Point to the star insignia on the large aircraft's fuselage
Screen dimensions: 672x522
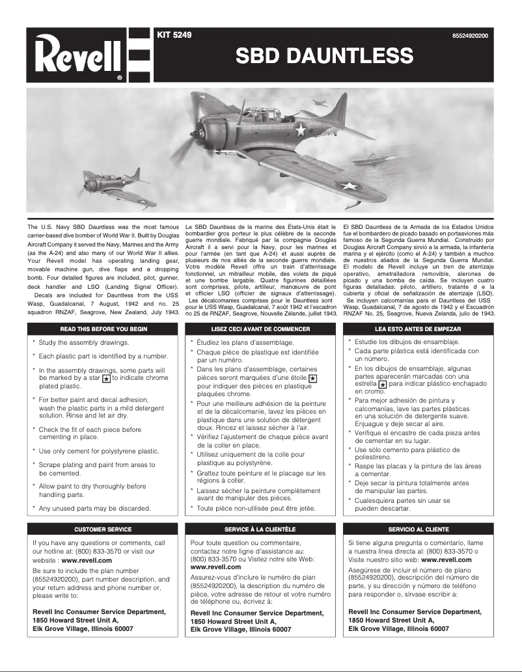[x=300, y=130]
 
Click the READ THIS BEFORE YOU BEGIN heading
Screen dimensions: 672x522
[x=103, y=329]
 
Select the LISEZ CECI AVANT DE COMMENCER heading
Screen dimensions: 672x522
[x=260, y=329]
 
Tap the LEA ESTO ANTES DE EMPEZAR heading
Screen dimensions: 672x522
[x=419, y=329]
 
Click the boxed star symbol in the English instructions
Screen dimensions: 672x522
[x=107, y=377]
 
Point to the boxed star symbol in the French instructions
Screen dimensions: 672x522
[x=312, y=378]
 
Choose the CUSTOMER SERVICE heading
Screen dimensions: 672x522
[x=103, y=530]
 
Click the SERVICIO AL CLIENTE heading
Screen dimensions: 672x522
[x=419, y=530]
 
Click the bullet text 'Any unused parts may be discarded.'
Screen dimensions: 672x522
[x=94, y=508]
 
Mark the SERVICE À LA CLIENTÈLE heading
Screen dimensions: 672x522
[x=260, y=530]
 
